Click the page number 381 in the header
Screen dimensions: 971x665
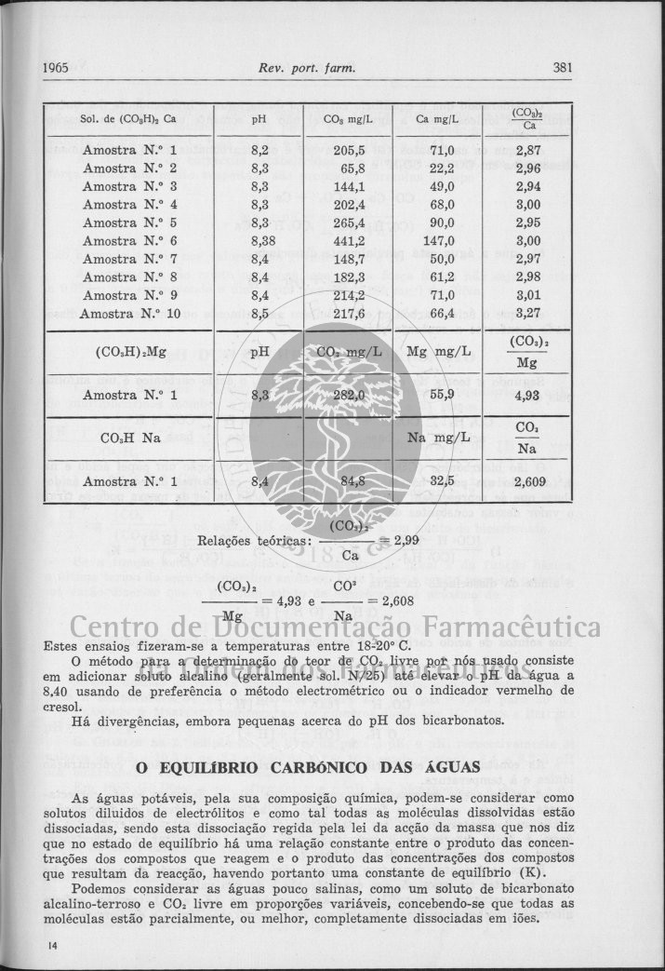point(566,67)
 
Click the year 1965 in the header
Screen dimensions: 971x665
point(58,67)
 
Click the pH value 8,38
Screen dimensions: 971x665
point(263,240)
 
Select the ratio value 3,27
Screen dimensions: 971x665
point(528,313)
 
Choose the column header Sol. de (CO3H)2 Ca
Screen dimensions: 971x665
point(128,119)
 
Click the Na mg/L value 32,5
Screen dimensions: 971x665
point(442,481)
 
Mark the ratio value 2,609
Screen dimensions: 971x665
point(528,482)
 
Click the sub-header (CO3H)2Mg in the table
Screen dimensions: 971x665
point(131,352)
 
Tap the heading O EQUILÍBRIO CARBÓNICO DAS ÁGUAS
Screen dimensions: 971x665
point(308,768)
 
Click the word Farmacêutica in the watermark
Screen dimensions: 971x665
point(502,628)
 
